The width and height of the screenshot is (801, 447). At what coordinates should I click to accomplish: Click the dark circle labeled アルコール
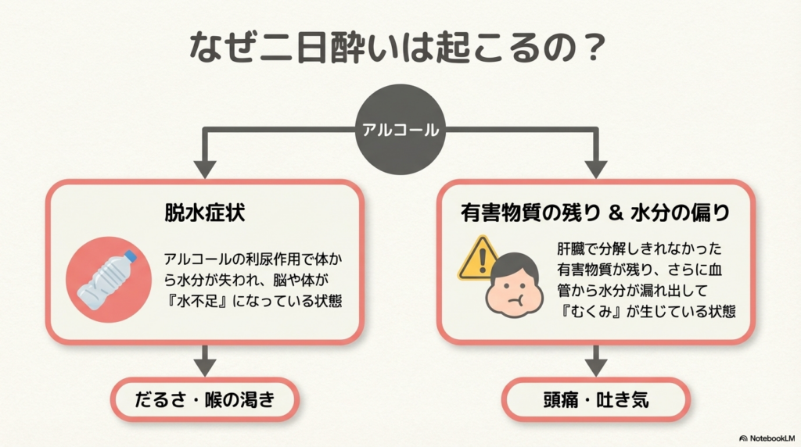coord(400,131)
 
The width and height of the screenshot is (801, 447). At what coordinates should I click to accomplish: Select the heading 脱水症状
coord(205,213)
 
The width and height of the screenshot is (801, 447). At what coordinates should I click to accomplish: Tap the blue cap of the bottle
coord(130,256)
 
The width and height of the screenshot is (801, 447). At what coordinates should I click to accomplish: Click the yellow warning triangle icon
coord(478,259)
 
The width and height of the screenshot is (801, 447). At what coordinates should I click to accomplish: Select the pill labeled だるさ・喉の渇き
coord(205,401)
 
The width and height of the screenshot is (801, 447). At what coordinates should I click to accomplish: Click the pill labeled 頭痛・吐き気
coord(596,401)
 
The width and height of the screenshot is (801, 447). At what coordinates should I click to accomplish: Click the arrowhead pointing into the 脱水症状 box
coord(205,168)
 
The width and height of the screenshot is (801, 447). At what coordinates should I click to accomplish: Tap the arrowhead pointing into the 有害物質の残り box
coord(596,168)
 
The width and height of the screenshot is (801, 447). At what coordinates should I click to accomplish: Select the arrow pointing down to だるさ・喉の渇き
coord(205,360)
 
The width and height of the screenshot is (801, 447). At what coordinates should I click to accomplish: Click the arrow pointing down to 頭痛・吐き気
coord(596,360)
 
